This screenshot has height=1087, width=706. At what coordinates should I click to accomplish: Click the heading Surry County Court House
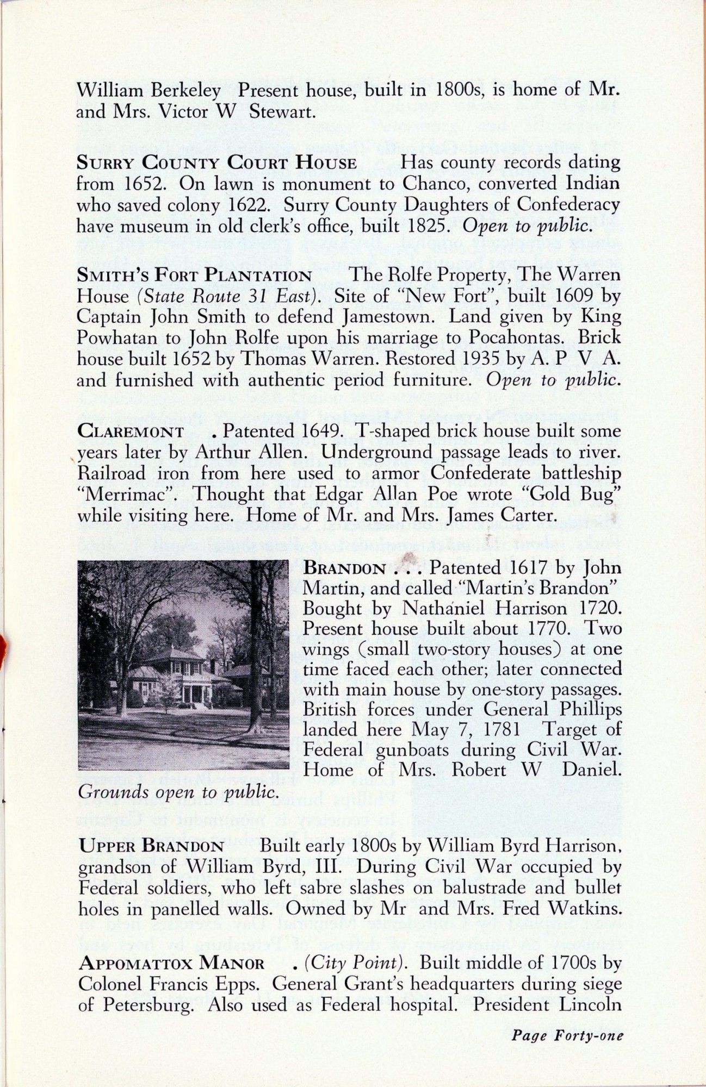click(x=216, y=163)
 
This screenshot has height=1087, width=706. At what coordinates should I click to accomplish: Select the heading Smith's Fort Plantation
click(x=194, y=275)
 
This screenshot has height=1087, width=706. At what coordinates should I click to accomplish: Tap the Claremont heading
click(x=131, y=432)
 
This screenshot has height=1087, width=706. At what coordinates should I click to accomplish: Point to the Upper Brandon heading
click(x=151, y=846)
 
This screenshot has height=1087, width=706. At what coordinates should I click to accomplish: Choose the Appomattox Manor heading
click(x=171, y=964)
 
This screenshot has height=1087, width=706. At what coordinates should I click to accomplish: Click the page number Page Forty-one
click(x=567, y=1035)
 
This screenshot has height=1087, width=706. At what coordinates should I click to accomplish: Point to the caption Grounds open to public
click(x=178, y=792)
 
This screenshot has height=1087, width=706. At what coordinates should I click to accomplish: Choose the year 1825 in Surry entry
click(x=422, y=226)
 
